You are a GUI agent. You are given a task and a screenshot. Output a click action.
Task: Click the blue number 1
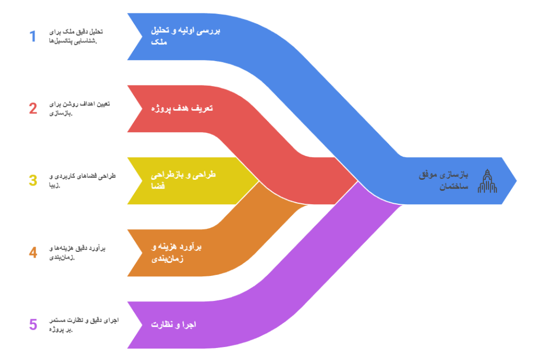click(33, 36)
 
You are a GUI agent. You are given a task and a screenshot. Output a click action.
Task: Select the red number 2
click(33, 109)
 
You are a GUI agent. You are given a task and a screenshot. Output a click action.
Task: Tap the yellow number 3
click(33, 180)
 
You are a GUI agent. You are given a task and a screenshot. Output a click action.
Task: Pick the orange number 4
click(33, 252)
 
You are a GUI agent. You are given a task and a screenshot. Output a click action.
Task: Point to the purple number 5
click(33, 324)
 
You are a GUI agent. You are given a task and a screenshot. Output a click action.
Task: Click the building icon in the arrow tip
click(487, 181)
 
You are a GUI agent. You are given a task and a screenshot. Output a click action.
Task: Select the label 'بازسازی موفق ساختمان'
click(444, 180)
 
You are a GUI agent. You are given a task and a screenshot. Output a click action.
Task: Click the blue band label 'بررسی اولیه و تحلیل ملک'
click(185, 36)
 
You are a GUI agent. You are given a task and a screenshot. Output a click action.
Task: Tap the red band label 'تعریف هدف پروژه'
click(181, 109)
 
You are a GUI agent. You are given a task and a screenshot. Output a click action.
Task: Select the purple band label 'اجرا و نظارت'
click(173, 324)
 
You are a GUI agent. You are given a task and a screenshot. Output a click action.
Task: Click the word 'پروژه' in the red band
click(161, 109)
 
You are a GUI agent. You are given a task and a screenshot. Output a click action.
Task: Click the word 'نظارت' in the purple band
click(161, 324)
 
